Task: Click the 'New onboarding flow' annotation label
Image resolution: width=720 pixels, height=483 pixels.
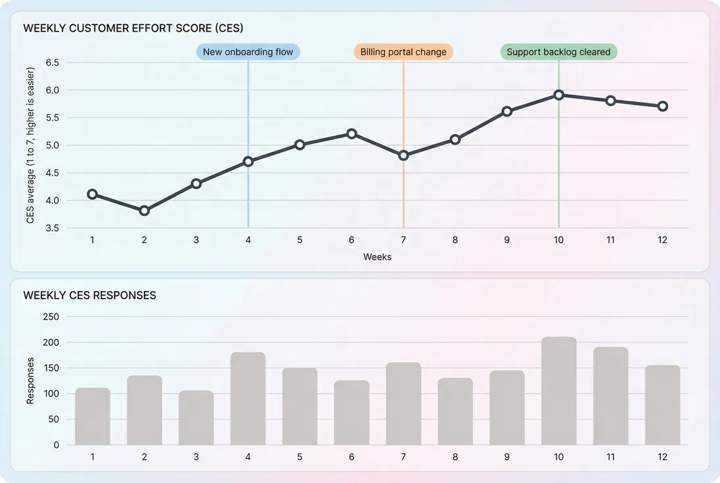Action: click(x=248, y=52)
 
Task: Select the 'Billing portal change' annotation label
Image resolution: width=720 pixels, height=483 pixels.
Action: click(x=403, y=52)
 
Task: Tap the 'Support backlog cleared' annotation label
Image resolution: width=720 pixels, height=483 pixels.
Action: click(x=558, y=52)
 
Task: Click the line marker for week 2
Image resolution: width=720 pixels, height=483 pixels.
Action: click(x=145, y=211)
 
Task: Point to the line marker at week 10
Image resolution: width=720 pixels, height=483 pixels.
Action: click(x=558, y=95)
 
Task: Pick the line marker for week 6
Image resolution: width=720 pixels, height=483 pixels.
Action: click(x=351, y=133)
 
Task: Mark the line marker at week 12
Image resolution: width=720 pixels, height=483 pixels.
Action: click(x=662, y=106)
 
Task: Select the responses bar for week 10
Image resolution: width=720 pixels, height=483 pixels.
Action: click(x=558, y=391)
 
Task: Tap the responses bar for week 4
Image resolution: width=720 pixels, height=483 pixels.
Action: click(x=248, y=398)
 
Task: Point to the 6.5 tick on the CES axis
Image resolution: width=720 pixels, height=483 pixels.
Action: click(x=53, y=62)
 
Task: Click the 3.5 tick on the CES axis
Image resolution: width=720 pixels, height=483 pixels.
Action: click(x=53, y=228)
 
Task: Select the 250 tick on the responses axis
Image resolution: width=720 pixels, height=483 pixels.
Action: click(x=51, y=317)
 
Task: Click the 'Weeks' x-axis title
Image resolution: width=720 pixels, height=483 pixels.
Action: click(x=377, y=257)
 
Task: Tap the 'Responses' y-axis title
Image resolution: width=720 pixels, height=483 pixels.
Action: click(x=30, y=380)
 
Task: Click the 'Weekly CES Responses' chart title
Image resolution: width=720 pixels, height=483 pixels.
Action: click(x=89, y=296)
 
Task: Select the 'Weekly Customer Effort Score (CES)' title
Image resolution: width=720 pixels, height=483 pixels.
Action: click(x=133, y=28)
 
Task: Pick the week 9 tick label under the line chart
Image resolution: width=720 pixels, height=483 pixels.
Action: click(x=506, y=240)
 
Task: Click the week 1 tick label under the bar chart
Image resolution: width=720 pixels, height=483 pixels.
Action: click(x=93, y=457)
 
